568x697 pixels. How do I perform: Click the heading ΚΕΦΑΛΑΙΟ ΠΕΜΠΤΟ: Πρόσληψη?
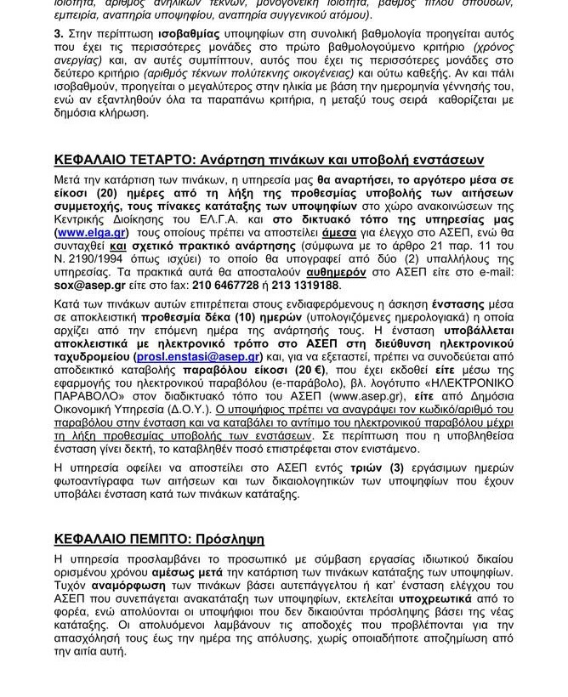[159, 539]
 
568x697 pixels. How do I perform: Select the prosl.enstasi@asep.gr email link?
[197, 357]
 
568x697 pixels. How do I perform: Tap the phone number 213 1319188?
[304, 285]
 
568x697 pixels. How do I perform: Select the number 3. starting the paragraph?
[59, 33]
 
